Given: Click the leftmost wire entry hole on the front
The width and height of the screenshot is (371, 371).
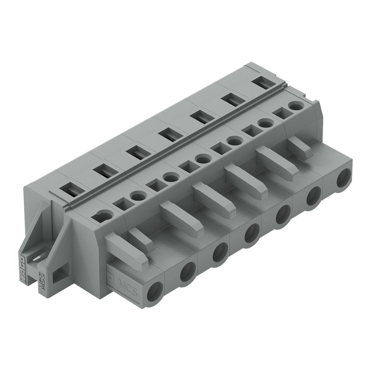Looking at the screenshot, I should pos(157,289).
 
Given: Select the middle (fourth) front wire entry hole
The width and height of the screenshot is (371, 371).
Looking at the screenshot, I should pos(251,234).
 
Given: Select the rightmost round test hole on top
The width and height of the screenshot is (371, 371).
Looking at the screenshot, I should pos(295,107).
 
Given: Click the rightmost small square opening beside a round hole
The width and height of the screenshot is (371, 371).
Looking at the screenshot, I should pos(280,113).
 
